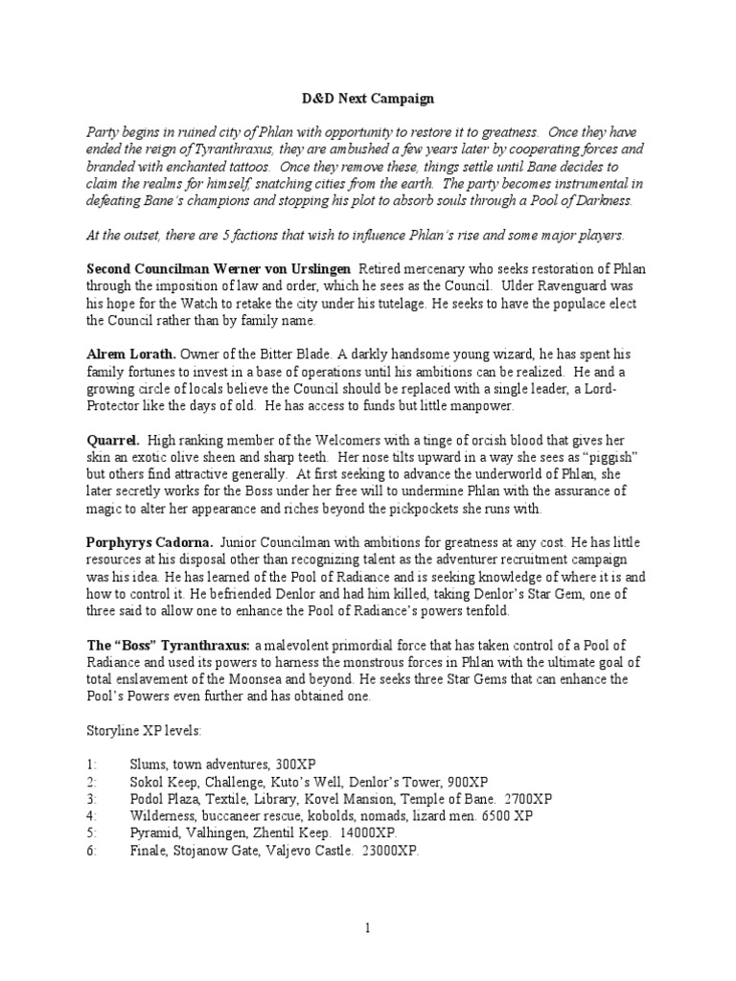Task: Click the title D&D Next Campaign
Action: click(367, 98)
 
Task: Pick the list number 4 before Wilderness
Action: click(90, 816)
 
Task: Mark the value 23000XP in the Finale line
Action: click(385, 851)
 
